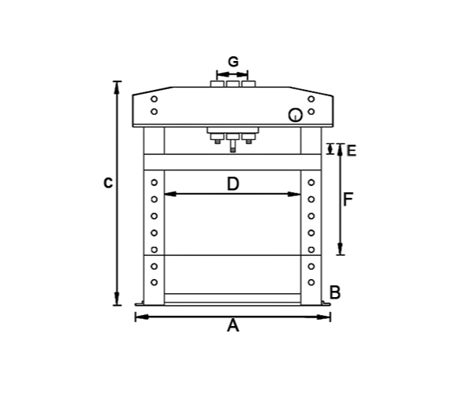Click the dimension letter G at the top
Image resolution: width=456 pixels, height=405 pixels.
click(x=233, y=62)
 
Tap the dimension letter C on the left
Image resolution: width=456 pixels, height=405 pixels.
click(x=108, y=183)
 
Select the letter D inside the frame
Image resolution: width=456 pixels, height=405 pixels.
click(x=233, y=184)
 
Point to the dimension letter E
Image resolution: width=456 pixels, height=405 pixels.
click(x=352, y=151)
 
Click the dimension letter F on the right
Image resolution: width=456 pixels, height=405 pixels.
click(x=348, y=199)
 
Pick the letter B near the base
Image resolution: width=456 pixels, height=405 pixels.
click(x=335, y=292)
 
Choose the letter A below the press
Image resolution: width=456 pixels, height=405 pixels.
click(x=233, y=325)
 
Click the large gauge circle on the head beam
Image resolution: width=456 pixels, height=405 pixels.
click(x=295, y=115)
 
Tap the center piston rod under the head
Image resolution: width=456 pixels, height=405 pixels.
click(x=232, y=146)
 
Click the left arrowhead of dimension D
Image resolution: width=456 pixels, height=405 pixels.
click(x=171, y=194)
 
